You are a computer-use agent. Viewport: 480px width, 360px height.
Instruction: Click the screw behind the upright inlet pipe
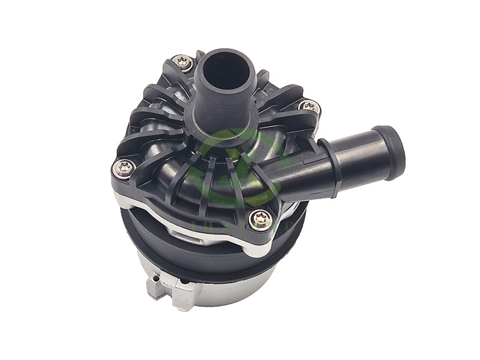[x=182, y=60]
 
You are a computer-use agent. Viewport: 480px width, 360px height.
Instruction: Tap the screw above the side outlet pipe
[x=309, y=107]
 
